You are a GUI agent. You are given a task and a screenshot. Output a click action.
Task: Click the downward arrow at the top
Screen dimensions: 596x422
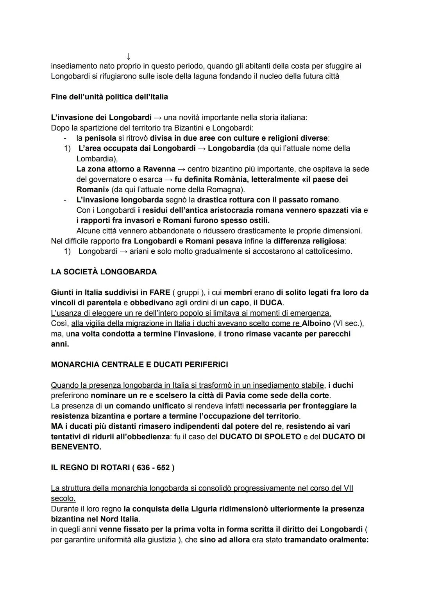coord(128,57)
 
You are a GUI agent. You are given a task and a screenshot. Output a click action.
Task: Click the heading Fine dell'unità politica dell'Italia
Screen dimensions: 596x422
coord(109,97)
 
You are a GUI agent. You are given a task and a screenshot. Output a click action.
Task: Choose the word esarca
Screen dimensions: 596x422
coord(150,179)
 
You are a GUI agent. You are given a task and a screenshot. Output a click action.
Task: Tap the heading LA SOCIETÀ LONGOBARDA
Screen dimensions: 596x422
coord(104,272)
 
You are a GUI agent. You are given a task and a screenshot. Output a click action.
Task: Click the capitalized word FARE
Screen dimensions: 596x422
coord(159,293)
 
